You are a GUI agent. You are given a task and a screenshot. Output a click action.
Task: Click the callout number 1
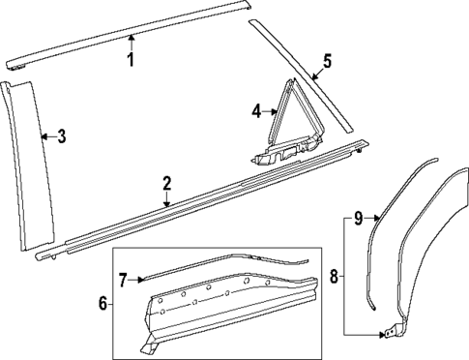pos(131,59)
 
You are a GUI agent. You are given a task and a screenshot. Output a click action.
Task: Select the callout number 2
pos(166,183)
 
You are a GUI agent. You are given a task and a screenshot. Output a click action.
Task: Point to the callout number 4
pos(257,111)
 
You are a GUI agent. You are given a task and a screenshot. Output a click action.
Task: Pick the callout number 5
pos(326,62)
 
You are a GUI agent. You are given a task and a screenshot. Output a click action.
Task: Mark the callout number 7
pos(124,280)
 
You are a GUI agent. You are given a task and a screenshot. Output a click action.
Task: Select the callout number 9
pos(357,219)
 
